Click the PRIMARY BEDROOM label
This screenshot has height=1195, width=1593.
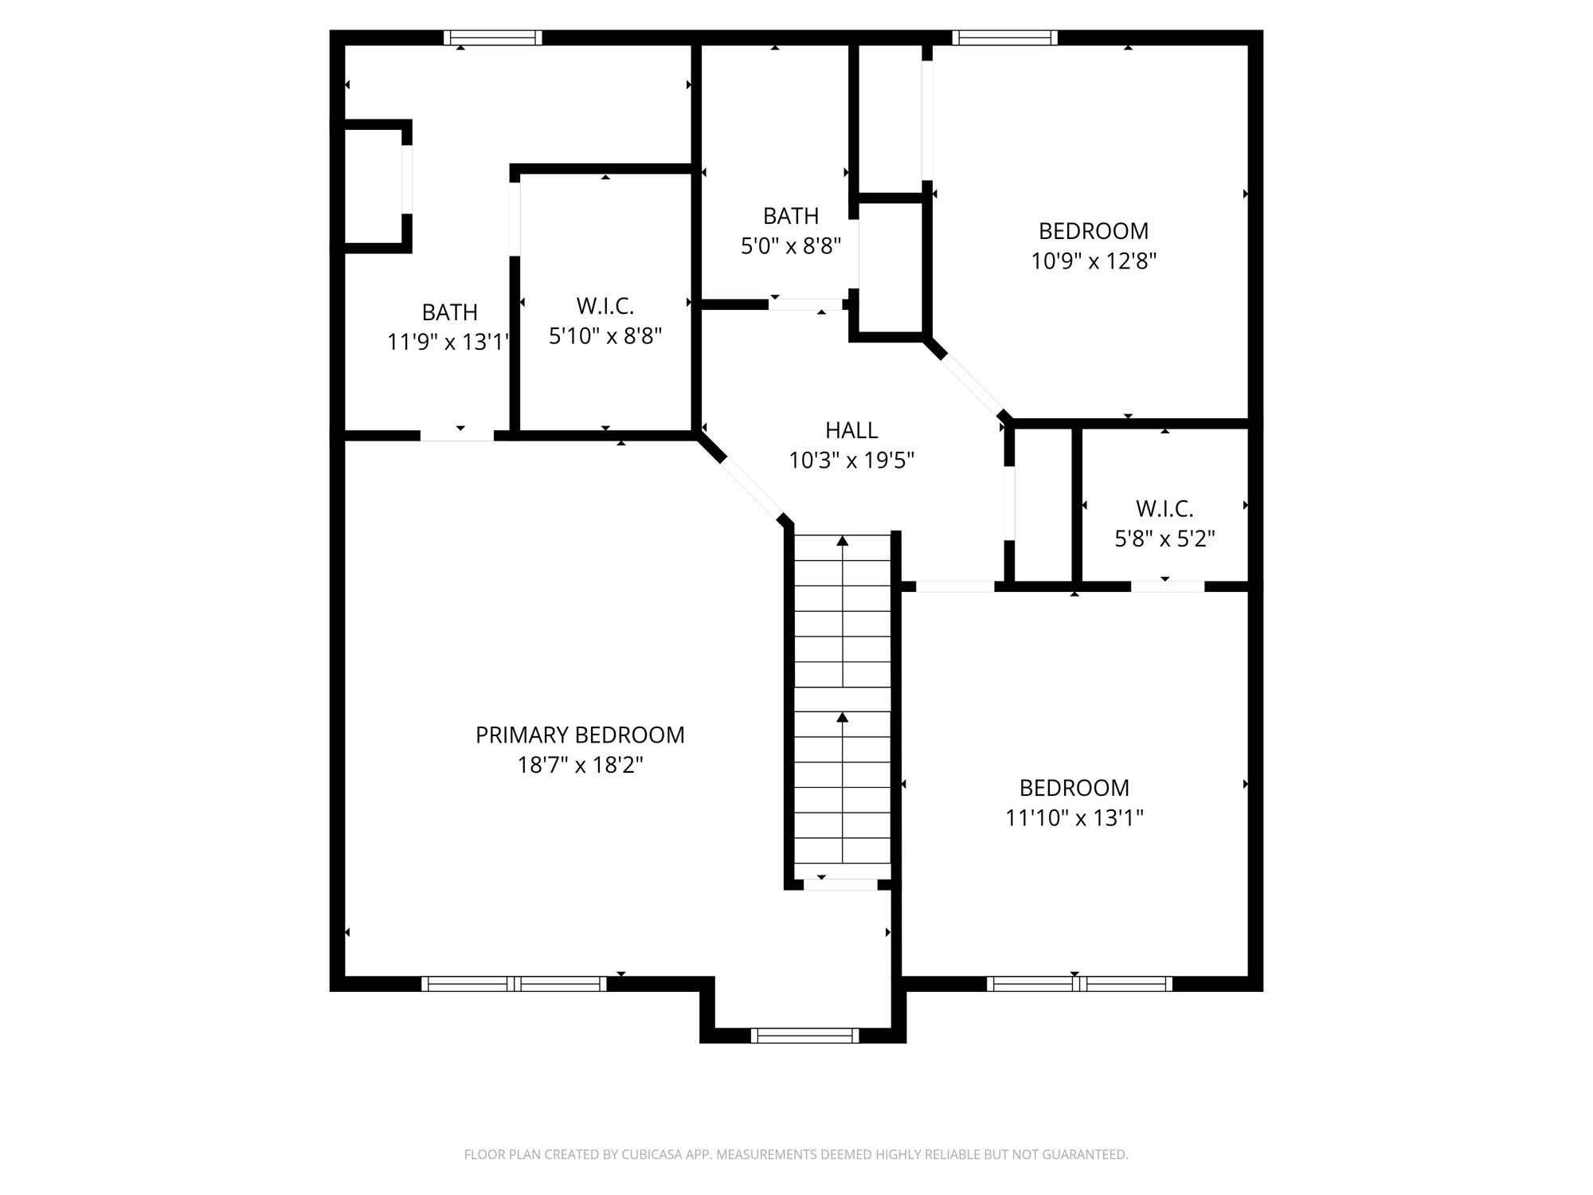(x=580, y=735)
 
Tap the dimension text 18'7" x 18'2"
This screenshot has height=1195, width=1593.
(x=580, y=766)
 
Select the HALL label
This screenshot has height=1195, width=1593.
(x=851, y=430)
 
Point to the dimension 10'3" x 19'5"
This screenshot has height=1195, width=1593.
(x=851, y=460)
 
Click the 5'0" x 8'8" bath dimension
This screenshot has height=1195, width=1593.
(x=791, y=246)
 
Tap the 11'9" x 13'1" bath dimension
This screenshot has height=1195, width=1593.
(x=448, y=343)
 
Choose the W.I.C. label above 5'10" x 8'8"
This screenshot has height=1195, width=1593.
(x=605, y=305)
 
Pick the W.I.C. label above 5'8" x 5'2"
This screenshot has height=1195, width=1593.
(x=1164, y=508)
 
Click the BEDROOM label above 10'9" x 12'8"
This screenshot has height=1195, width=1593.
(x=1094, y=231)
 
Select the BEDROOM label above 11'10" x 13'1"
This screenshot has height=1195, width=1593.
(x=1074, y=788)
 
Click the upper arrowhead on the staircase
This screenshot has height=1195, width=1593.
(x=843, y=542)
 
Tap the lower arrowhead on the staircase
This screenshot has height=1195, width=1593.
(x=843, y=718)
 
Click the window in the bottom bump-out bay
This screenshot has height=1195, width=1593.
(x=804, y=1036)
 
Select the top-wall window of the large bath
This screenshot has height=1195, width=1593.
(x=493, y=37)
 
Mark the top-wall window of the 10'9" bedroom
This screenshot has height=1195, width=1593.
(x=1005, y=37)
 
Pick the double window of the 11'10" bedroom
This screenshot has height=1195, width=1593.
(x=1079, y=984)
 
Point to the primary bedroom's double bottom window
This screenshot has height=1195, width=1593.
(x=514, y=984)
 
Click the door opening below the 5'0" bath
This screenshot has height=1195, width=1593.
(x=805, y=304)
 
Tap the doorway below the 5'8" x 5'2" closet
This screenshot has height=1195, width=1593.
(x=1168, y=587)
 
